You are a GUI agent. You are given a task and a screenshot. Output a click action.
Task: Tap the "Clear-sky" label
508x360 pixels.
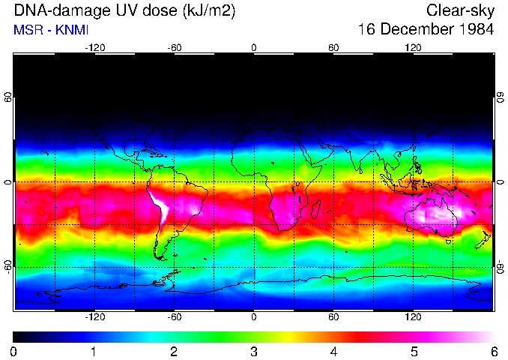tap(460, 10)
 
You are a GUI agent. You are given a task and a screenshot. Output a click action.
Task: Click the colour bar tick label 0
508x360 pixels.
tap(14, 351)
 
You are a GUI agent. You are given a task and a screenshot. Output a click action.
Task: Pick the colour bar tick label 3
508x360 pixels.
tap(254, 351)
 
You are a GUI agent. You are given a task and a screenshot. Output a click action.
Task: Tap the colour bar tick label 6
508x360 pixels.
tap(494, 351)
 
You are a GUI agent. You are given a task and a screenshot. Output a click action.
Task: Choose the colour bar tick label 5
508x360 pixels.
tap(414, 351)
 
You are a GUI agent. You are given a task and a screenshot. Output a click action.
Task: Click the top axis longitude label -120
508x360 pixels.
tap(94, 48)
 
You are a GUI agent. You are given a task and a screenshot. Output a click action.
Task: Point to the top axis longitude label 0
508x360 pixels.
tap(254, 48)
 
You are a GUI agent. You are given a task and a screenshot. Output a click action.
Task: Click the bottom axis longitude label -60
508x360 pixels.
tap(175, 316)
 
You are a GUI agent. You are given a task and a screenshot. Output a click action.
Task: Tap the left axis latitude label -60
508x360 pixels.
tap(7, 266)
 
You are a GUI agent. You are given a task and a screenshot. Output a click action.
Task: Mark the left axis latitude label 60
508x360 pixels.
tap(7, 97)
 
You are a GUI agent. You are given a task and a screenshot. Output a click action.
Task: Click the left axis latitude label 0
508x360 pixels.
tap(7, 182)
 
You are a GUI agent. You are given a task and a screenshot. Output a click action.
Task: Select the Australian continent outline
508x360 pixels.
tap(431, 213)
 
